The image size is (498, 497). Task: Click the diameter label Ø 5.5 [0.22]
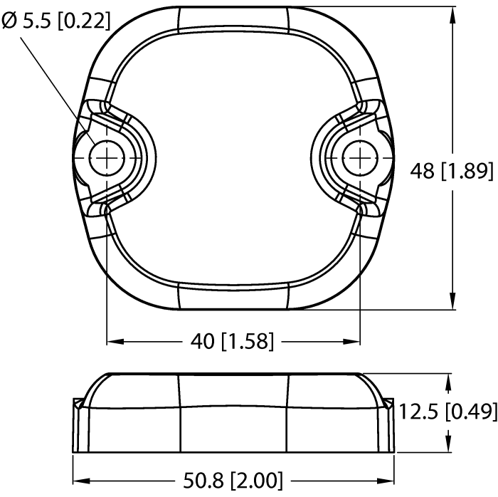click(57, 21)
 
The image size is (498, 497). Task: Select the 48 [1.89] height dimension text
click(452, 171)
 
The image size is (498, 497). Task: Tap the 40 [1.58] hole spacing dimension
click(233, 342)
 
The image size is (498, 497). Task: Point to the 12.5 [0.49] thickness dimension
click(447, 412)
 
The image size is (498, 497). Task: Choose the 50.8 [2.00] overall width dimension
click(234, 478)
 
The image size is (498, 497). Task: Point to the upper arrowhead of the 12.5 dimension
click(447, 382)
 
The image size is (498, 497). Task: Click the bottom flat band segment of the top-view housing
click(233, 294)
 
